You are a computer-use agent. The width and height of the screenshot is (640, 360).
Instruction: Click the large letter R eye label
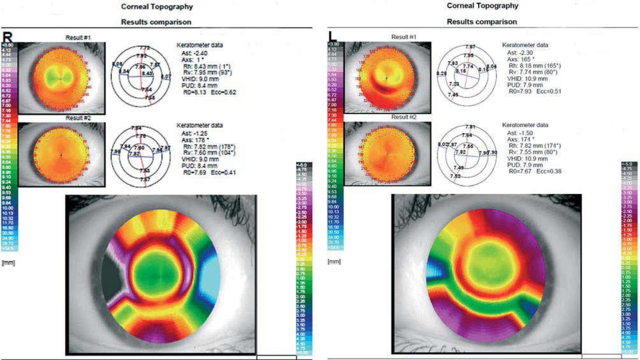point(8,37)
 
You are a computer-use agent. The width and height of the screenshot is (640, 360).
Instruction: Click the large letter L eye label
point(332,36)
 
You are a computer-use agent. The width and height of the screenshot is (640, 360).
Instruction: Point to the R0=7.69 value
point(195,173)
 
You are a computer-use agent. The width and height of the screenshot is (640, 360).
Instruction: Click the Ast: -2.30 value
point(520,53)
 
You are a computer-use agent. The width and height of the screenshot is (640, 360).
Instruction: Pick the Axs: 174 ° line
point(520,139)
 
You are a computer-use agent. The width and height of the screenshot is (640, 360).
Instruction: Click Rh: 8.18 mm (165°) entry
point(535,66)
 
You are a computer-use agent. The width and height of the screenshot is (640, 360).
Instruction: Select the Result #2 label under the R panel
point(78,118)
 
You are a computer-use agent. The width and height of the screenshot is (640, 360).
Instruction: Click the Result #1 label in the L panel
point(404,37)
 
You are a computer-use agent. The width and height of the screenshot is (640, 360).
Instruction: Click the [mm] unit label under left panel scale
point(8,263)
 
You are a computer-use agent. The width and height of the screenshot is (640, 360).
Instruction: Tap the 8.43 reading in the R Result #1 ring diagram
point(147,74)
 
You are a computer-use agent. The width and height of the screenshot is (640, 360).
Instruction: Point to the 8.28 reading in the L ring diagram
point(441,74)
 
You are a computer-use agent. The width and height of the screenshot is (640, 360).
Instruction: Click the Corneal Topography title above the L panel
point(482,6)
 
